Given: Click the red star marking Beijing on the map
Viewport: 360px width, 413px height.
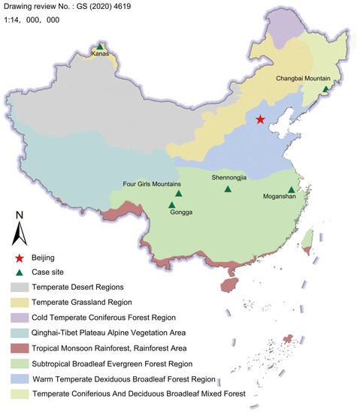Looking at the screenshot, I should point(260,119).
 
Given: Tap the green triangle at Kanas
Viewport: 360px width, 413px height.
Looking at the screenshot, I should point(101,47).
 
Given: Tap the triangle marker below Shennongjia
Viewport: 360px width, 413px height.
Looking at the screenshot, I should point(228,189).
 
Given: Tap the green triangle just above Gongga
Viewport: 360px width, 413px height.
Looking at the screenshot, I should point(172,204).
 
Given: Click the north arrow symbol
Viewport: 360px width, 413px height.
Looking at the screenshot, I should point(20,228).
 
